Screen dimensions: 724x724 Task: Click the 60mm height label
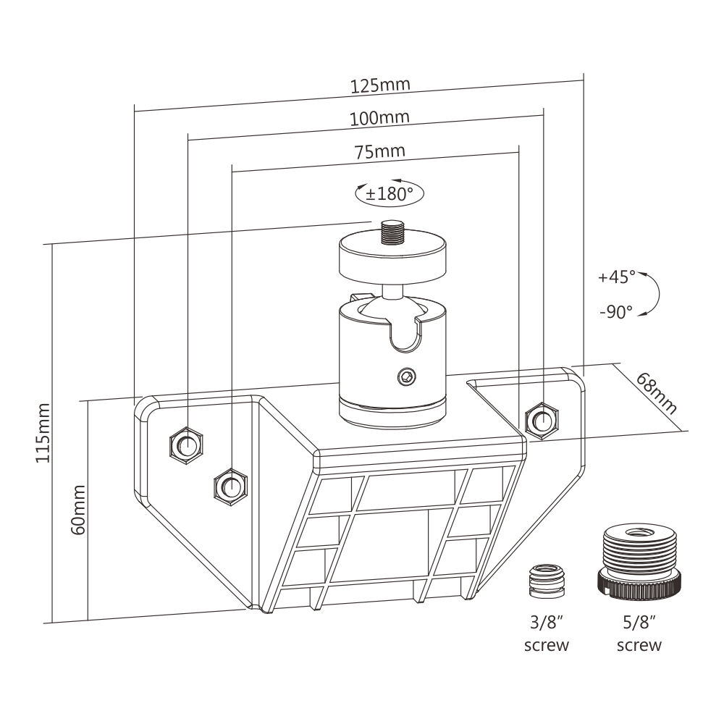[x=78, y=510]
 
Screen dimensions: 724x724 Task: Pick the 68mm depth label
[x=657, y=392]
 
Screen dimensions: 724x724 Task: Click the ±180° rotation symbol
[x=389, y=193]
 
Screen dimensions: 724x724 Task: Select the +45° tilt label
[x=616, y=277]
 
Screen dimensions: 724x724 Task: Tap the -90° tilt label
[x=616, y=311]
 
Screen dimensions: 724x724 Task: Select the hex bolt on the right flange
[x=540, y=418]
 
